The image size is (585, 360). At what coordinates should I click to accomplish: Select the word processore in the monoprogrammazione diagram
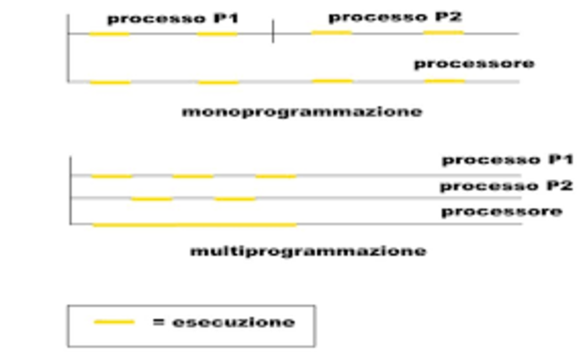(473, 63)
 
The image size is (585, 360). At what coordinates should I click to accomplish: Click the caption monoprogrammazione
(302, 111)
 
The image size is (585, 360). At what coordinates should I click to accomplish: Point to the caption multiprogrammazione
(307, 249)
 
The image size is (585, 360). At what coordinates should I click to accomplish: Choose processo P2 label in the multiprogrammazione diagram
(505, 186)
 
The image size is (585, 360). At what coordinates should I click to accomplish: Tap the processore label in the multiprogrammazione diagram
(502, 211)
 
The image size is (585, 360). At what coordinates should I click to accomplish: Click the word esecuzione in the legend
(224, 322)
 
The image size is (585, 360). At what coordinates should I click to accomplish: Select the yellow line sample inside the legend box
(113, 322)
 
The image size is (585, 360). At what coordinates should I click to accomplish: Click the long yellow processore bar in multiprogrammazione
(195, 224)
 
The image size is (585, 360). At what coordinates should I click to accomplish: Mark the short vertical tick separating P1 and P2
(272, 34)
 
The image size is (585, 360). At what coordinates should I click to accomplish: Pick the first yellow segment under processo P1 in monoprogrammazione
(109, 34)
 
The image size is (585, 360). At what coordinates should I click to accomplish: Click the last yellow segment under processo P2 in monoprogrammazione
(443, 33)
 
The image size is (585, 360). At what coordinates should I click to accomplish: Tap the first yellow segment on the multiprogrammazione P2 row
(152, 198)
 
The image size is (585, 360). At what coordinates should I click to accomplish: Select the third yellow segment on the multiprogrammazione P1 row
(276, 175)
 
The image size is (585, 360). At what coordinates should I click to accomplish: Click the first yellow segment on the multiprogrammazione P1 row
(112, 175)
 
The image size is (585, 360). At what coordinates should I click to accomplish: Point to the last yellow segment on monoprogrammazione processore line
(444, 81)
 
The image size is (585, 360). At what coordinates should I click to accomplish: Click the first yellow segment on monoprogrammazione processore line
(110, 82)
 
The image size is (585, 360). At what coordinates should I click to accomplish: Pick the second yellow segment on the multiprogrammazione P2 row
(235, 198)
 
